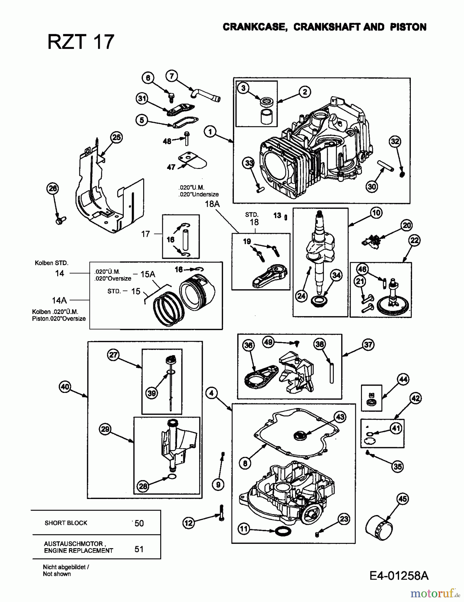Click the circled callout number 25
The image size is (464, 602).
pyautogui.click(x=116, y=137)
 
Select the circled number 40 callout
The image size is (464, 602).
pyautogui.click(x=65, y=387)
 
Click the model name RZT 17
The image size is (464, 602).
pyautogui.click(x=81, y=42)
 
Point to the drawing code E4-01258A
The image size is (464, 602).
pyautogui.click(x=399, y=576)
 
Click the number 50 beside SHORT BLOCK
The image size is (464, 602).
pyautogui.click(x=139, y=523)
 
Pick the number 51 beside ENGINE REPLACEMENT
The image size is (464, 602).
pyautogui.click(x=139, y=549)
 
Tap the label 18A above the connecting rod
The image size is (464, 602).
pyautogui.click(x=212, y=204)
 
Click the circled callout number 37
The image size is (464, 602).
pyautogui.click(x=368, y=344)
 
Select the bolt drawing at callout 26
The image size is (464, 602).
pyautogui.click(x=61, y=220)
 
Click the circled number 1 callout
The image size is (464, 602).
pyautogui.click(x=210, y=131)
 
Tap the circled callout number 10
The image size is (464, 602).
pyautogui.click(x=376, y=212)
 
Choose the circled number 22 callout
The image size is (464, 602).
pyautogui.click(x=414, y=240)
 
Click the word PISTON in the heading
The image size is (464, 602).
pyautogui.click(x=408, y=27)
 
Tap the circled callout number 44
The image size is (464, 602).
pyautogui.click(x=403, y=379)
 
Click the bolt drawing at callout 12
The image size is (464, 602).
pyautogui.click(x=221, y=513)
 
